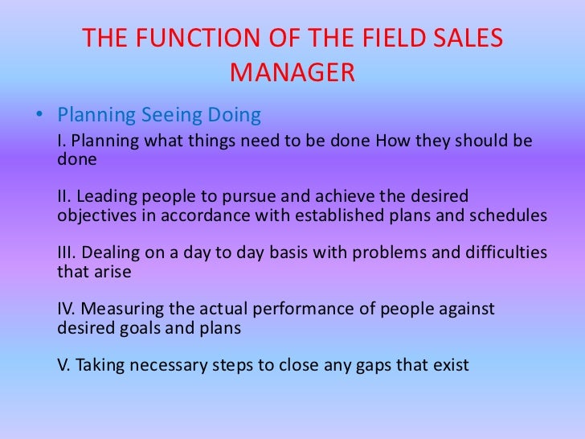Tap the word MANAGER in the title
coord(292,73)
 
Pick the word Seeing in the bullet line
coord(173,116)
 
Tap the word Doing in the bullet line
coord(235,116)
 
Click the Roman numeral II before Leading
coord(65,198)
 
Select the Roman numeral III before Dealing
coord(67,253)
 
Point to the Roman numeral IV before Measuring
coord(67,310)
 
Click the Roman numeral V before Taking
coord(63,365)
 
